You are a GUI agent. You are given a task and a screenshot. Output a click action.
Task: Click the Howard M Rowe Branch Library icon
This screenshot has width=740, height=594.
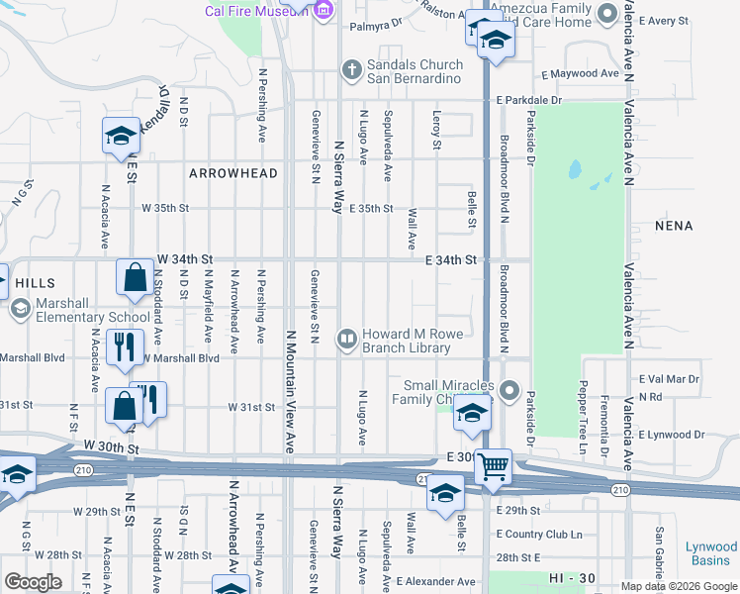347,340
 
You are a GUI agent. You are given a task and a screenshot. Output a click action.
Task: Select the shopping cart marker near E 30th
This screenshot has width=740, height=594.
492,466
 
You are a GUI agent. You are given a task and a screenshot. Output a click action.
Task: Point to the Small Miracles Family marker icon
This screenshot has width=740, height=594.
509,391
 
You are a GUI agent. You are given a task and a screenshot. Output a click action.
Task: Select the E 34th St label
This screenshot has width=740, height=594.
452,259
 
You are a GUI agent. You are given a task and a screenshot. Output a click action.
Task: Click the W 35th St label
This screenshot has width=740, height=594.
164,209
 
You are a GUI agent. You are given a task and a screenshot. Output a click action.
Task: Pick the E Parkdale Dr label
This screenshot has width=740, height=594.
529,101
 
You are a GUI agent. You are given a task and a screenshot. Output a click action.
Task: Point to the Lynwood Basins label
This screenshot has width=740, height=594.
712,553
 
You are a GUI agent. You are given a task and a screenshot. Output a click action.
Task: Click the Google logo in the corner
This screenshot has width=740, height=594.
34,581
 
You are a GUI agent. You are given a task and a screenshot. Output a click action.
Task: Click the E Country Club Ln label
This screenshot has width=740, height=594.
539,534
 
